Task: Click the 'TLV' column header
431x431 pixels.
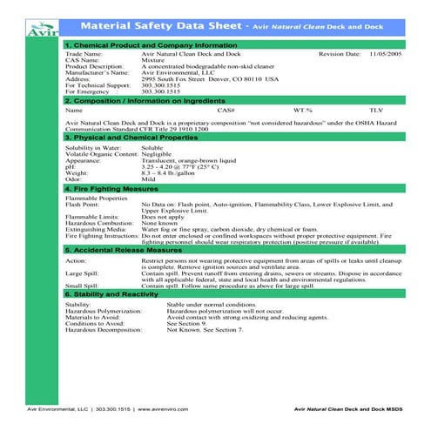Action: (375, 111)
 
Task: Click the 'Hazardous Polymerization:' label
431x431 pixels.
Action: (104, 311)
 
